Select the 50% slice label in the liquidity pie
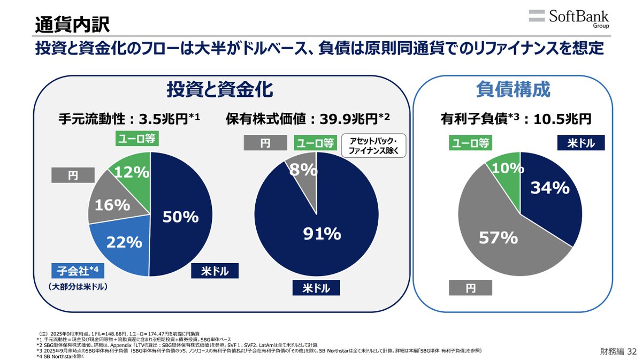coord(181,217)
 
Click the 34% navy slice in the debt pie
coord(549,188)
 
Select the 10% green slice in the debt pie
coord(507,168)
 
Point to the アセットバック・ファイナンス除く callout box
coord(377,145)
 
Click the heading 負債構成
coord(513,90)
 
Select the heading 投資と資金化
coord(219,89)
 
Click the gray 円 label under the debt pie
coord(470,289)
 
